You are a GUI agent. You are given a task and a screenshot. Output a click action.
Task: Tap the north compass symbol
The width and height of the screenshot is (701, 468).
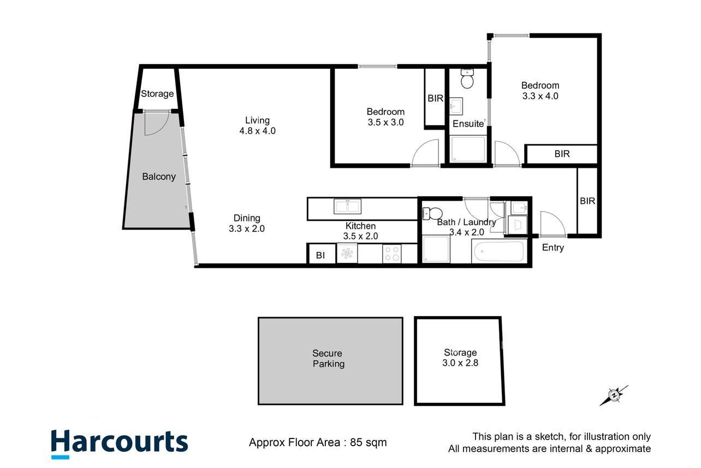point(614,395)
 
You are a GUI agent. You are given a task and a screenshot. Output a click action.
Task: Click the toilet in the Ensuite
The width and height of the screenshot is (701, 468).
point(467,79)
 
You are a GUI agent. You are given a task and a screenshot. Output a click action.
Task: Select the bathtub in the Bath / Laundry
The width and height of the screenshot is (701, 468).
point(499,251)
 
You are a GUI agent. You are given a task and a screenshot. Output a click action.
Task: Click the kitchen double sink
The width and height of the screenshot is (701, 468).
point(347,206)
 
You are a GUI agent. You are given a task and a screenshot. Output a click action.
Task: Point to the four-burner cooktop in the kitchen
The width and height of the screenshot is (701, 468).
point(392,254)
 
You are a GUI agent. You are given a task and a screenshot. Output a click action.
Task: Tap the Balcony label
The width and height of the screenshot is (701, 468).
point(159,177)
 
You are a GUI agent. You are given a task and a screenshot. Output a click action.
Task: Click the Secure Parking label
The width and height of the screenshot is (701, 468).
point(328,358)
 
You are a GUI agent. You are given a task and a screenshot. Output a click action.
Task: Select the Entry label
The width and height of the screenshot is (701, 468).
point(553,248)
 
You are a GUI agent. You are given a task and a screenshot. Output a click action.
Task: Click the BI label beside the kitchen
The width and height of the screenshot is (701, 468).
point(320,255)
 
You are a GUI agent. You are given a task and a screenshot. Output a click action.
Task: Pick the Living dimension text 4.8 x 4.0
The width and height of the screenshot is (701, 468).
point(258,131)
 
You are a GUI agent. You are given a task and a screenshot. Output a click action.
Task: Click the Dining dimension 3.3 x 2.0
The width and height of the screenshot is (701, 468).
point(247,229)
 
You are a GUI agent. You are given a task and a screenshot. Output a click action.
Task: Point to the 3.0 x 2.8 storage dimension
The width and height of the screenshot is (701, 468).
point(460,363)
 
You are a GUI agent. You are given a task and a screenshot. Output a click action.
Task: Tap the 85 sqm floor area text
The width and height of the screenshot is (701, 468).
point(369,442)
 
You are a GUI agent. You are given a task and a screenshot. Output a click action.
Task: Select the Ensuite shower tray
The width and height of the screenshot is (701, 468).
point(468,149)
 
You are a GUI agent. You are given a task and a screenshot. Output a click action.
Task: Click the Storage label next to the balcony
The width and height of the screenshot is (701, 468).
point(157,93)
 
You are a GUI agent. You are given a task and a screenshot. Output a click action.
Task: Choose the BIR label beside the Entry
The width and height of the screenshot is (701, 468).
point(587,201)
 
